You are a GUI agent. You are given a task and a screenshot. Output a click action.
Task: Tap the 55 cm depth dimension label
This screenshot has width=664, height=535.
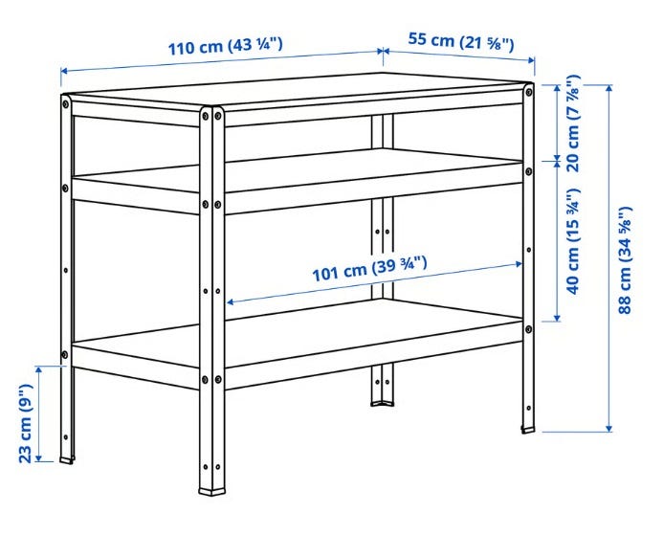point(461,41)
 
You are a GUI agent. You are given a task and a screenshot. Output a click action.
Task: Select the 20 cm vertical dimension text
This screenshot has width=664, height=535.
point(573,123)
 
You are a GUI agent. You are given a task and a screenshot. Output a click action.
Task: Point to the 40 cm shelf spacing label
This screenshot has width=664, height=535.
point(573,241)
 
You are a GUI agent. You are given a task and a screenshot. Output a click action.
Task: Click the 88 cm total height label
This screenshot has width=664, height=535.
point(625,260)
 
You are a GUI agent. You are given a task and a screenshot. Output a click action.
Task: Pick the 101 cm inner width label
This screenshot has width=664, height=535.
point(369,269)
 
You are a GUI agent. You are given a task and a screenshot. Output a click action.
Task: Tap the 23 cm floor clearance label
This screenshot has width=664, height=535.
point(26,423)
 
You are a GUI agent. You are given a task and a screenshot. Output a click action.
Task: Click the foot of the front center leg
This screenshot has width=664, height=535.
point(212,492)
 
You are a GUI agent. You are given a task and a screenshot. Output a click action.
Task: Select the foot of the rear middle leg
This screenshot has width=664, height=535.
point(383,403)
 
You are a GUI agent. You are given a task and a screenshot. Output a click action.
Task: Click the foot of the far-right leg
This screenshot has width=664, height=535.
point(528,430)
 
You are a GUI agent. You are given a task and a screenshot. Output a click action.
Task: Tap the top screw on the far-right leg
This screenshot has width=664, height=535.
point(529,92)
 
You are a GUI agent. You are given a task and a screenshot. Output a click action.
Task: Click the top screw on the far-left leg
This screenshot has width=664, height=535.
point(66,103)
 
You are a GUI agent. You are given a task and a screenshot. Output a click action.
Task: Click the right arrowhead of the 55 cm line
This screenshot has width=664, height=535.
point(531,60)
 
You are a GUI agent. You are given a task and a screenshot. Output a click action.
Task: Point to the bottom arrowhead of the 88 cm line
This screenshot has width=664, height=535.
point(609,428)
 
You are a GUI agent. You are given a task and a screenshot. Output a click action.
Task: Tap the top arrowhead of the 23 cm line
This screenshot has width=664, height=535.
point(39,370)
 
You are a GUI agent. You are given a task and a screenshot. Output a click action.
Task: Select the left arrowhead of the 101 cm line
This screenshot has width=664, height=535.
point(231,302)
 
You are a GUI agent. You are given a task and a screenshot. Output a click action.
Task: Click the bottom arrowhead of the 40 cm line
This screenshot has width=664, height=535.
point(557,318)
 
